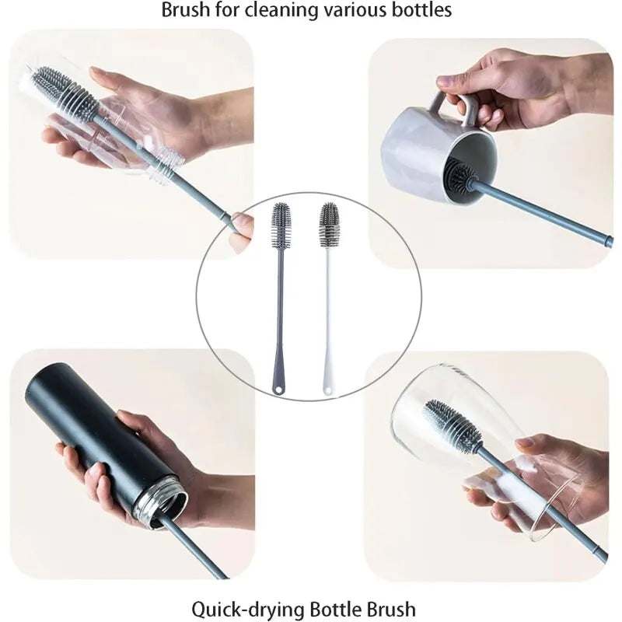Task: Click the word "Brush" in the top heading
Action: point(183,11)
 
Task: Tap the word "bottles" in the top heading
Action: point(422,11)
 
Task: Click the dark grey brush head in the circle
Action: point(281,225)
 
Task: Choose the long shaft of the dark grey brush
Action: point(280,311)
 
